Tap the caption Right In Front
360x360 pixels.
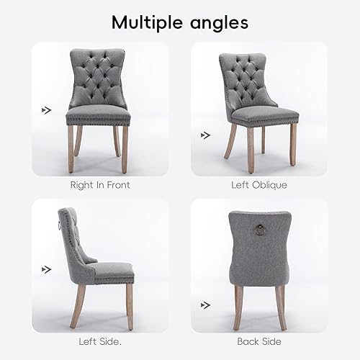click(x=100, y=185)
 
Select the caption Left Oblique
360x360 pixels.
click(x=259, y=185)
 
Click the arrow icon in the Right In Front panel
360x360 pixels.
click(x=47, y=110)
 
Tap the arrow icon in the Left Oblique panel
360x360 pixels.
click(x=206, y=134)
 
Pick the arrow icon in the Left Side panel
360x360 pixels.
click(x=47, y=270)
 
